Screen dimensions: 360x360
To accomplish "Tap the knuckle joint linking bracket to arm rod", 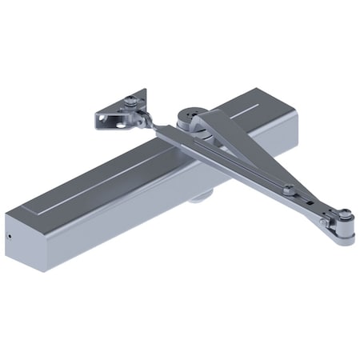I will [143, 120].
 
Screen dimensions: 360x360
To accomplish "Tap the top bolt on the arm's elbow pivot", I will [345, 214].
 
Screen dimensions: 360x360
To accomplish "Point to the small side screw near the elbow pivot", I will [324, 222].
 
